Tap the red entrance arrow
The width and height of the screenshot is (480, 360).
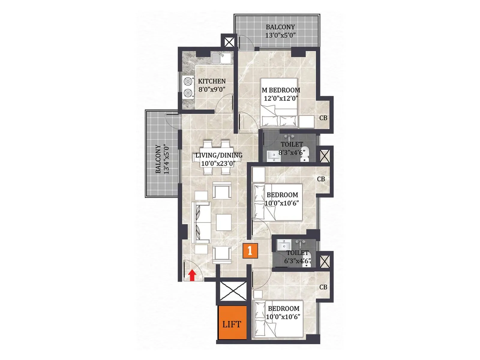192,275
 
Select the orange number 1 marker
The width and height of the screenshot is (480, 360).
250,250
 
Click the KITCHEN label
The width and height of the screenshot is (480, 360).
212,81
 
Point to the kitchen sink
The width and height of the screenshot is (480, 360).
221,58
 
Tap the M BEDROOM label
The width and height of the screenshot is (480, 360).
281,90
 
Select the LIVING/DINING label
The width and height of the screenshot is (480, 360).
219,155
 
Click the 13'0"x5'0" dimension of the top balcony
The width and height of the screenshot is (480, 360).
280,35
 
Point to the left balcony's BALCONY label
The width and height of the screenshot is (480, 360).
158,159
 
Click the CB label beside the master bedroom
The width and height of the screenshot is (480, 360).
323,118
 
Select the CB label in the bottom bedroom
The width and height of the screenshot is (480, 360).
323,287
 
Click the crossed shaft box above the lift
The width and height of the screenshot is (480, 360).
233,291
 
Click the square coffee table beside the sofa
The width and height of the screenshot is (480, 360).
223,222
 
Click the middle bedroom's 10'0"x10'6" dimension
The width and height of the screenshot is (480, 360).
282,203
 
